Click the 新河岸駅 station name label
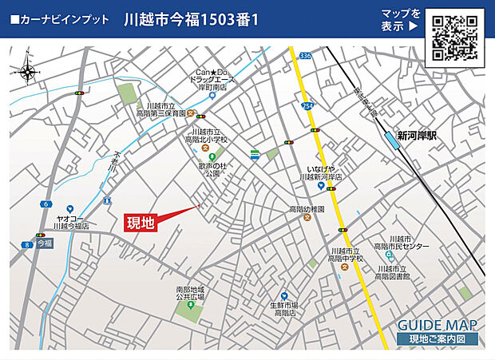(422, 136)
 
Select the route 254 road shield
(307, 105)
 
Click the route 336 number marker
(306, 56)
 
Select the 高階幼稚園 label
(307, 209)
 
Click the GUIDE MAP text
(437, 325)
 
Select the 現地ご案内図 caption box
(438, 339)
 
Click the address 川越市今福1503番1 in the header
(192, 19)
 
